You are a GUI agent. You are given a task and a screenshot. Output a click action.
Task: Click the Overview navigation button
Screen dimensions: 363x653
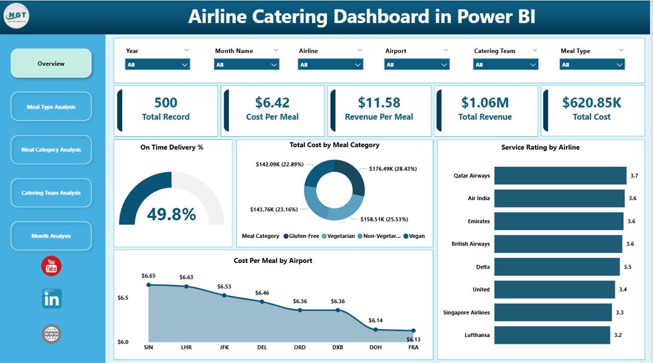51,64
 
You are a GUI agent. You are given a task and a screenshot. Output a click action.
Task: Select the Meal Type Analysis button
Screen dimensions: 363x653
51,107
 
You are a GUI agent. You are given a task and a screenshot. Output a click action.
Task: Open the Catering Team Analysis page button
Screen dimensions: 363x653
51,193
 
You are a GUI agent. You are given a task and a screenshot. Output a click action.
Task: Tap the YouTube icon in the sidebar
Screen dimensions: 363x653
52,266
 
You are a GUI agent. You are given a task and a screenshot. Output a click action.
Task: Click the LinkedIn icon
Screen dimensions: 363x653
52,299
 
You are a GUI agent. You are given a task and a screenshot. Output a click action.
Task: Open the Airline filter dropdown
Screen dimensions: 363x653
330,65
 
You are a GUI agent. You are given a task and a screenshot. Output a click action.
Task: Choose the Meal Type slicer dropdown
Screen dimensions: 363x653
592,65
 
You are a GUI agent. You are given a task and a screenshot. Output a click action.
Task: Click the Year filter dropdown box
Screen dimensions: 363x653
157,65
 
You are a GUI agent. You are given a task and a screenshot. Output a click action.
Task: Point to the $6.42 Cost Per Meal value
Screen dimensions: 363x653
272,103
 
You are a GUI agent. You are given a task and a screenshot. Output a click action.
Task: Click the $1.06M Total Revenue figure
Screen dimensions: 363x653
485,103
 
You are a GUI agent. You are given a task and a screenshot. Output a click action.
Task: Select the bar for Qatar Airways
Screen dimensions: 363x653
560,176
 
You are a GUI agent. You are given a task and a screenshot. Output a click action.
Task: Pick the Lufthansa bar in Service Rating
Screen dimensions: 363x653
551,335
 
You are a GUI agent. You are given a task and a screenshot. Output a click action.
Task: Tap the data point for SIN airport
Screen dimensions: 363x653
148,285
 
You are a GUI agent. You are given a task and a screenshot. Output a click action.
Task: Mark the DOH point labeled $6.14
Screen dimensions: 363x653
375,329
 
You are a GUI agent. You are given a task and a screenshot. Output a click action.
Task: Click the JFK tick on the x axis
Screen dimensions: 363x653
224,347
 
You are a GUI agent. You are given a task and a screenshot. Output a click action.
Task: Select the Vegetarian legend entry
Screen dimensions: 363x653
339,236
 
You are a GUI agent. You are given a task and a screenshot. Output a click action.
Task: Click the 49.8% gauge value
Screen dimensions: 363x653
171,214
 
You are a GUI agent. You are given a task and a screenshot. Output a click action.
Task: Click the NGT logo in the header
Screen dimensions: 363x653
16,16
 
